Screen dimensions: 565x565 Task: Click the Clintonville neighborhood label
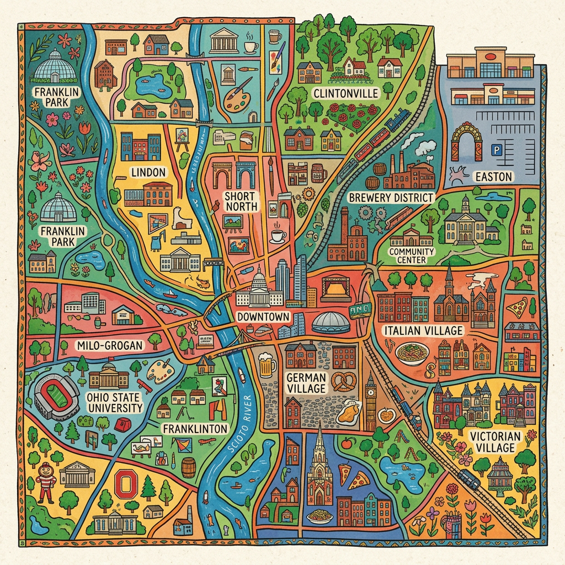[346, 93]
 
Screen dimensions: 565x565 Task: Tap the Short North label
[241, 201]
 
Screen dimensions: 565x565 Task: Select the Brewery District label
[391, 198]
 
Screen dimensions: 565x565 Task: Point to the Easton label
[493, 177]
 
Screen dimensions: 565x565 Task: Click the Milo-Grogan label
[110, 345]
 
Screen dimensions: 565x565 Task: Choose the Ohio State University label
[114, 402]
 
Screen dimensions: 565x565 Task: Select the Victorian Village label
[495, 442]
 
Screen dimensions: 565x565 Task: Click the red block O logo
[127, 486]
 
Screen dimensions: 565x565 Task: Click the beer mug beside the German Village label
[267, 365]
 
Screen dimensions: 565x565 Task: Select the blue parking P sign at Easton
[494, 150]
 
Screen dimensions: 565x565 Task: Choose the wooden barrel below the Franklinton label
[189, 467]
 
